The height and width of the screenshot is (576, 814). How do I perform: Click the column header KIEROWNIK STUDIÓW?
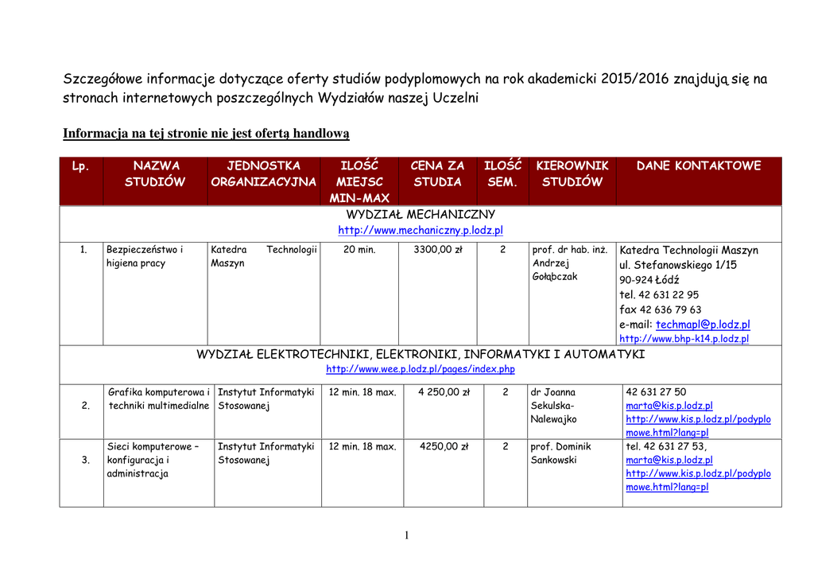(572, 173)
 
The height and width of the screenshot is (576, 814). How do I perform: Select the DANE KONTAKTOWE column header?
(698, 165)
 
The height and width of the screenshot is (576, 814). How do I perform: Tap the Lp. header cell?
(80, 166)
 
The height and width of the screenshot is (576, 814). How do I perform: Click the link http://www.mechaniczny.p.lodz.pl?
(421, 231)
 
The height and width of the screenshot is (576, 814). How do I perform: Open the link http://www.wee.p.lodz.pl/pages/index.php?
(421, 369)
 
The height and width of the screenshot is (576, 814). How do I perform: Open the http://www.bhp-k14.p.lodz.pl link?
(684, 339)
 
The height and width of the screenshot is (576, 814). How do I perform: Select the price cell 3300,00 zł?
(438, 250)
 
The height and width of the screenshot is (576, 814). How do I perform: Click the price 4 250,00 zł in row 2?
(444, 392)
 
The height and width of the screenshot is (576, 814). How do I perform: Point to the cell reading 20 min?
(359, 250)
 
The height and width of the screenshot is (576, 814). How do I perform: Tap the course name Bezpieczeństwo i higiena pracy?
(144, 256)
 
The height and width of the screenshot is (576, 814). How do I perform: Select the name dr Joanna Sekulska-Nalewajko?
(554, 406)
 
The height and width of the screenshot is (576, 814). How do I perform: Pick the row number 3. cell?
(85, 460)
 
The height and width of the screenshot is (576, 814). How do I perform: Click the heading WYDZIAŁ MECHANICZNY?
(421, 215)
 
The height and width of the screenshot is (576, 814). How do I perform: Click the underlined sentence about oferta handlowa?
(206, 134)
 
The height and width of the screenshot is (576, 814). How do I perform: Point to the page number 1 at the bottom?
(406, 535)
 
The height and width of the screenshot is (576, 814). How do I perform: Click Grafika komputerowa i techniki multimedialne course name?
(159, 399)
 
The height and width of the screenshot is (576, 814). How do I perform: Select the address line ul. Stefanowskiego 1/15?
(677, 265)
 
